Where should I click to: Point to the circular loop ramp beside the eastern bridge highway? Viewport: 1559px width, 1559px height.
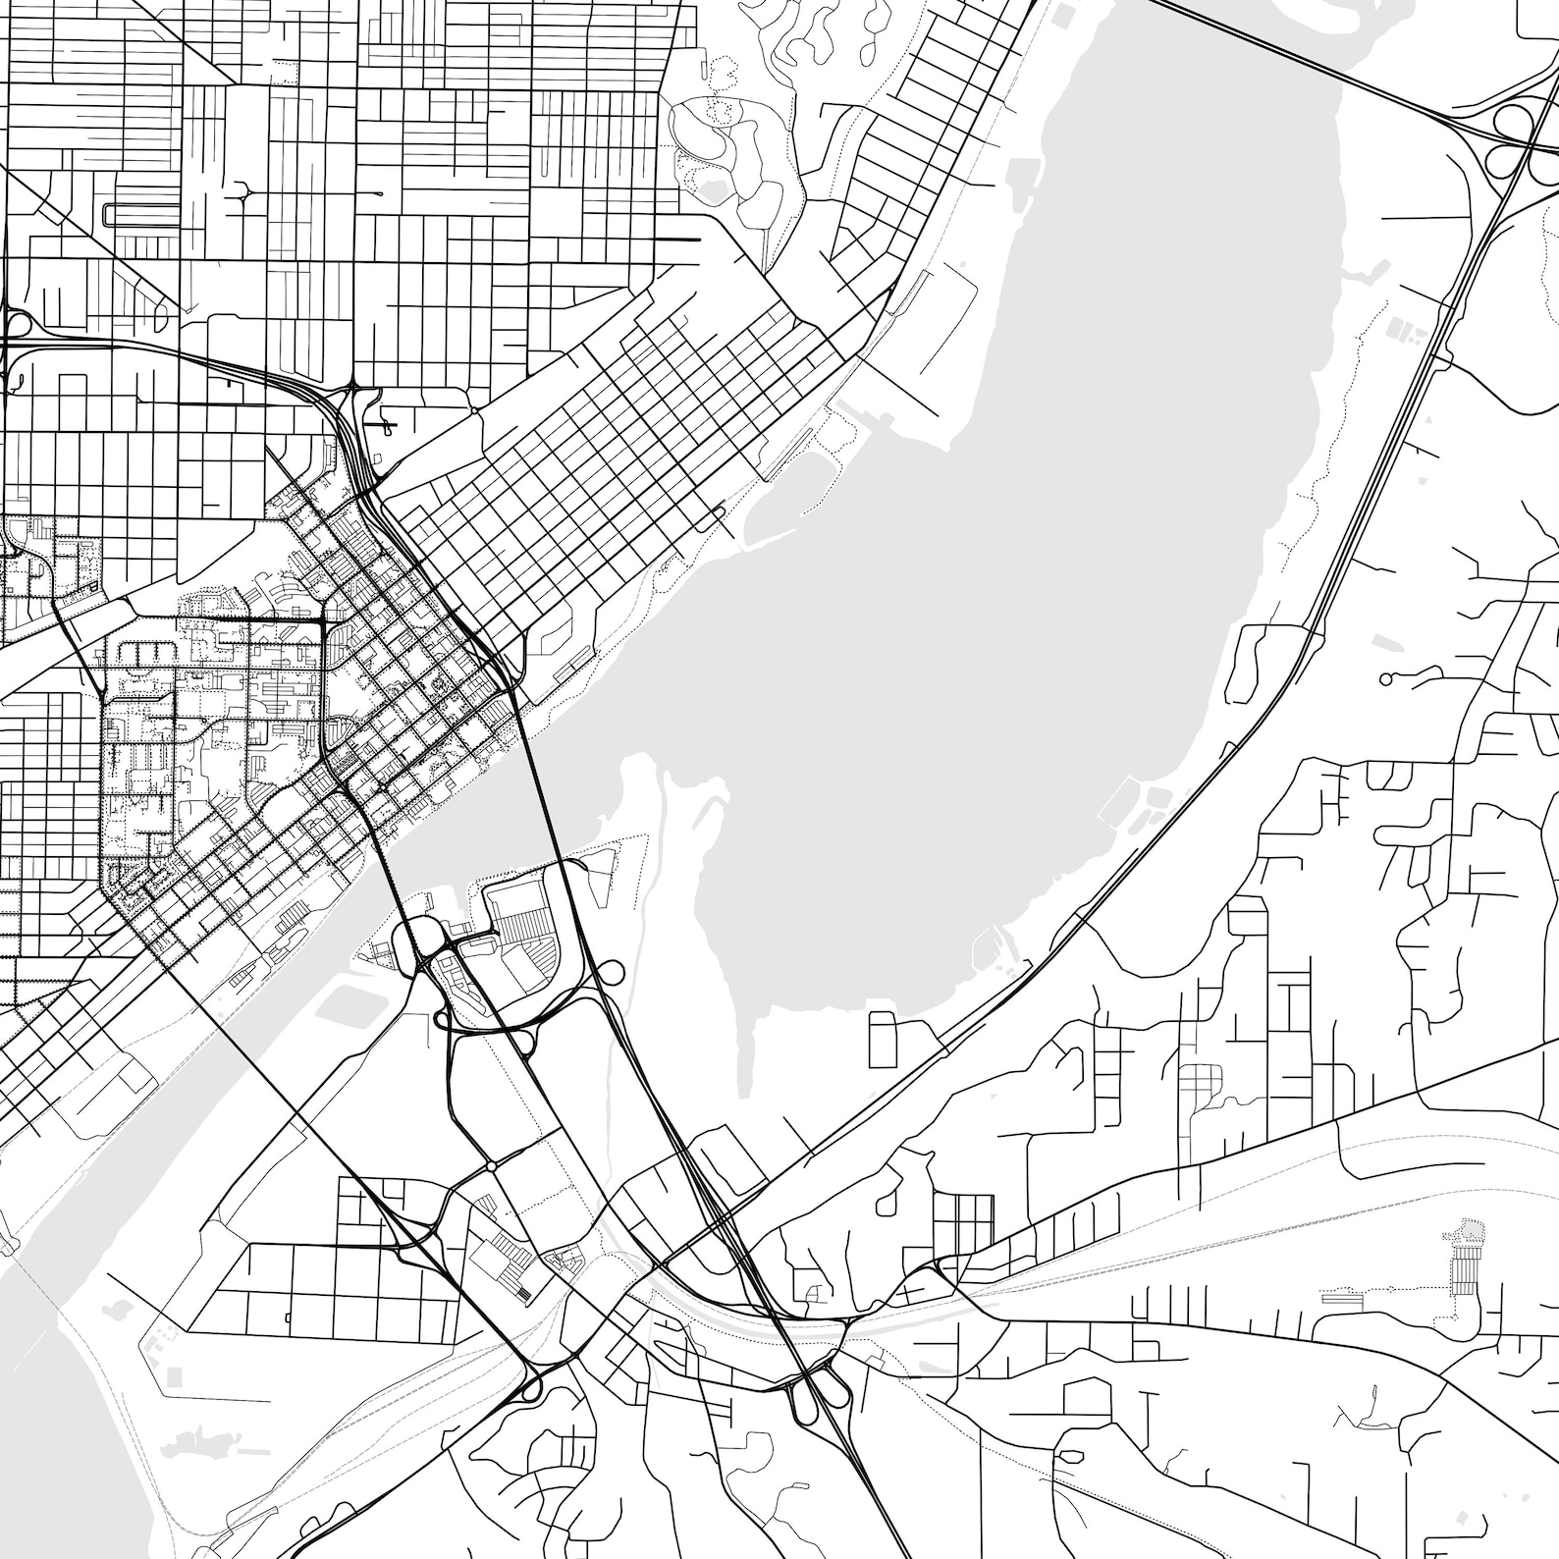[610, 973]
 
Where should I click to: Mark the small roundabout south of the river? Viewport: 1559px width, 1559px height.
[489, 1166]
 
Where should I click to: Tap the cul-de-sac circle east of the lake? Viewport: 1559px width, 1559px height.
[1385, 678]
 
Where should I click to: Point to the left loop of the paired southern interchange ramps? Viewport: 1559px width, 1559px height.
[796, 1388]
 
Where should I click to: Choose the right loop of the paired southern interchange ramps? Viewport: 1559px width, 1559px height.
[837, 1388]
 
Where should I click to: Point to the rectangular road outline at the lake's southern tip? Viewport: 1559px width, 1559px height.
[883, 1040]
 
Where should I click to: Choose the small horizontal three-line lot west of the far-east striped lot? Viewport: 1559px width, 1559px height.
[1337, 1297]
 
